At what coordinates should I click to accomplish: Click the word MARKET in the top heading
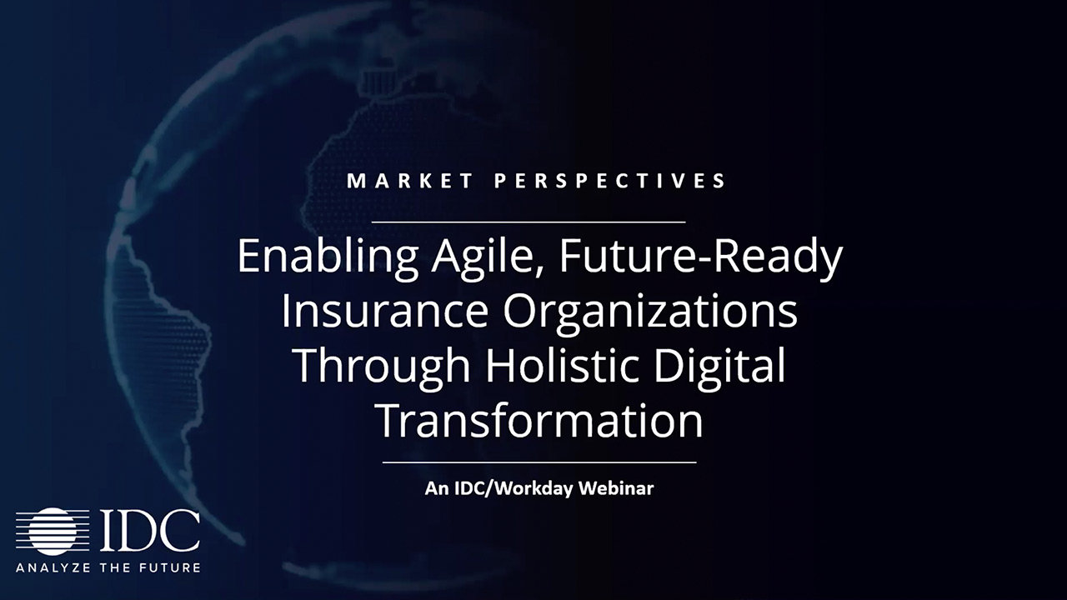click(410, 181)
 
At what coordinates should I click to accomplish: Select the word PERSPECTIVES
click(610, 181)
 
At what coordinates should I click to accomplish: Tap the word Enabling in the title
click(328, 258)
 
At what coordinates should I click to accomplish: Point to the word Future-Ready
click(701, 258)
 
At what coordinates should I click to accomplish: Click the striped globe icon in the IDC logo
click(53, 532)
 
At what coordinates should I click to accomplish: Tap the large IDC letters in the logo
click(149, 531)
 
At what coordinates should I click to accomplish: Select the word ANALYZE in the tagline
click(53, 567)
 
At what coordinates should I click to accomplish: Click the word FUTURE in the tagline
click(171, 567)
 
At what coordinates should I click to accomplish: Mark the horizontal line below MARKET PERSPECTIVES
click(528, 222)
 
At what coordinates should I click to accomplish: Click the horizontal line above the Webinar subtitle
click(539, 462)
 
